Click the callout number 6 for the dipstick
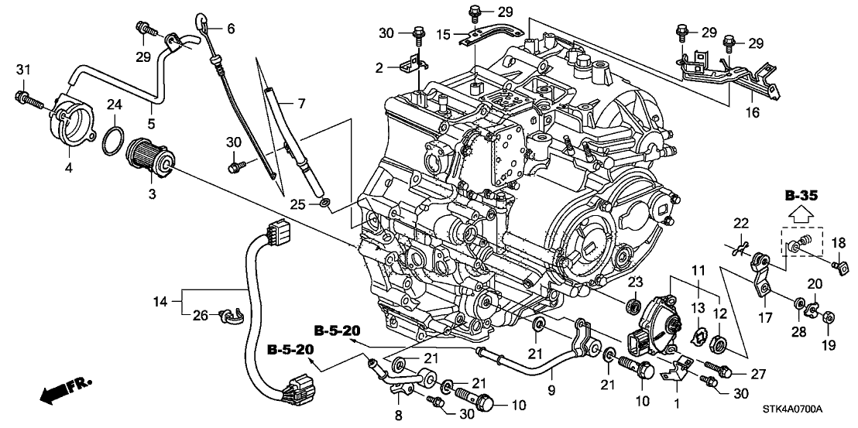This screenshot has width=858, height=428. [230, 28]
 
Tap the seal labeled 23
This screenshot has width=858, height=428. [633, 306]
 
